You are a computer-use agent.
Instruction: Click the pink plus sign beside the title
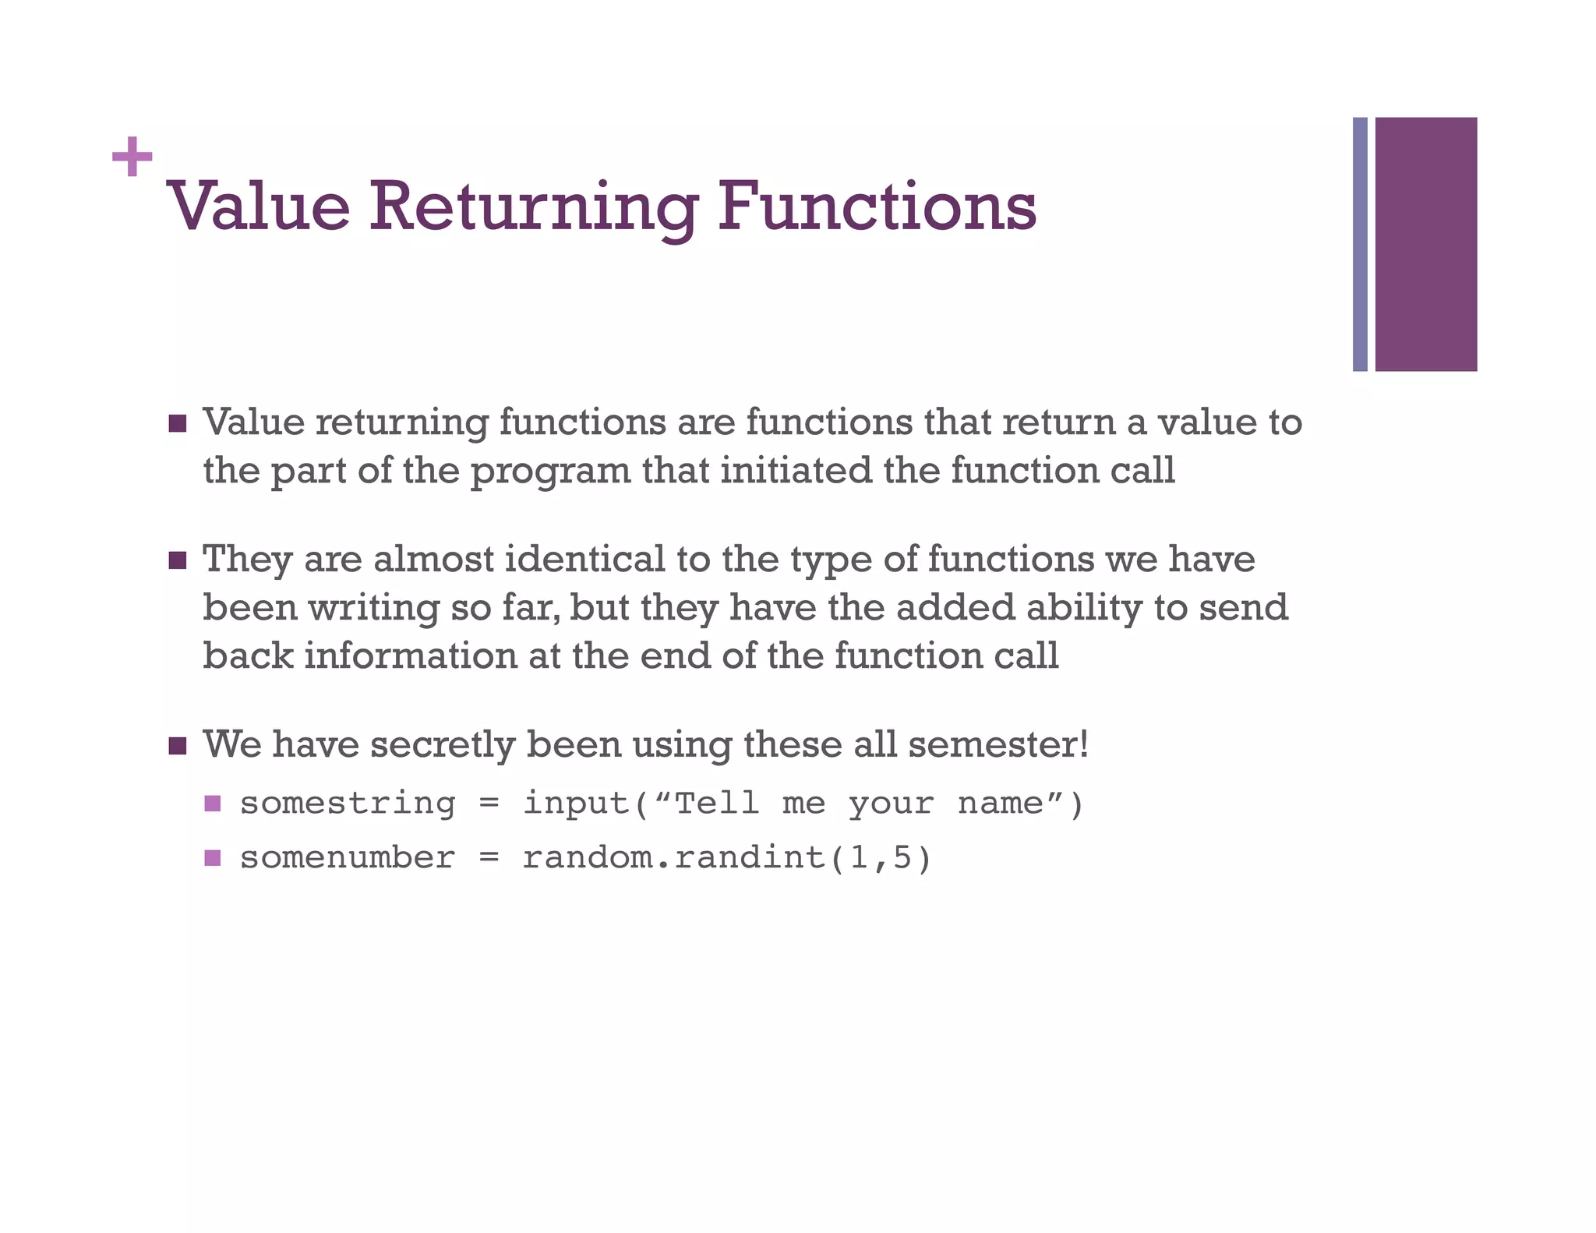click(132, 157)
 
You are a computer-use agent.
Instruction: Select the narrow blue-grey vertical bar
click(1360, 244)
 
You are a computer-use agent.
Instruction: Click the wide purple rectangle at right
click(1425, 244)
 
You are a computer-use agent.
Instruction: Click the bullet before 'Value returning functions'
click(178, 424)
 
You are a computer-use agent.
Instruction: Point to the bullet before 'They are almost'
click(178, 560)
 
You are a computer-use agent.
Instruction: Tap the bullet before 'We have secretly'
click(178, 746)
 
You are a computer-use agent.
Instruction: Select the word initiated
click(796, 471)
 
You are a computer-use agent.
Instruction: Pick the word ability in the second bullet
click(1083, 609)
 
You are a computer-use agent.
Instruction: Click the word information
click(410, 655)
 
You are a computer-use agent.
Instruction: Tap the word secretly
click(442, 745)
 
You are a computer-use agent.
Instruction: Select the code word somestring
click(348, 804)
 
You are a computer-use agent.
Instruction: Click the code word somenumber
click(348, 858)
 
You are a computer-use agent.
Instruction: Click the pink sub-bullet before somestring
click(213, 804)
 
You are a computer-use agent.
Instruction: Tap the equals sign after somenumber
click(489, 859)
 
